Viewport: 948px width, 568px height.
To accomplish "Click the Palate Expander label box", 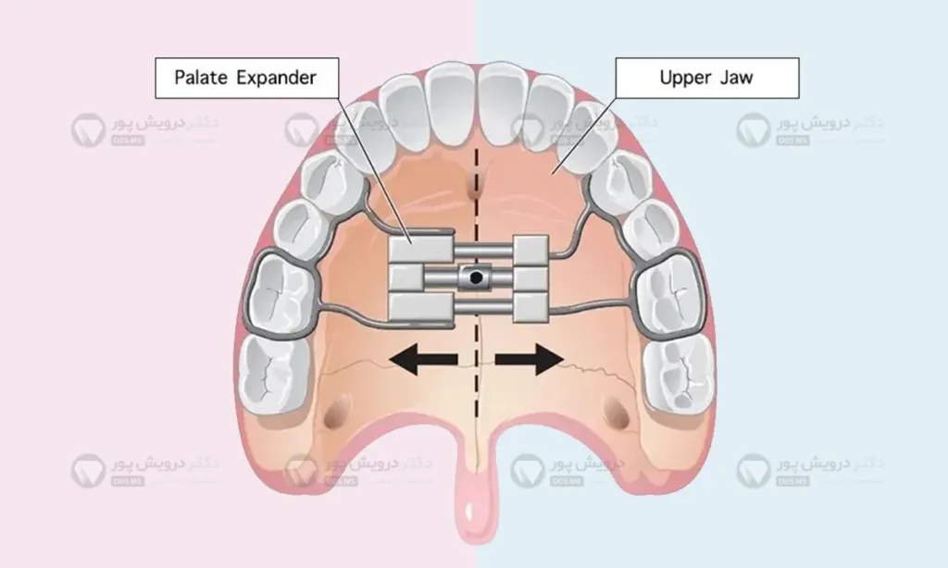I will coord(245,77).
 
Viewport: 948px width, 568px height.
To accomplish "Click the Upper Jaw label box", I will coord(705,77).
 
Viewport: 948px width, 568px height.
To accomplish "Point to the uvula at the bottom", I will coord(475,518).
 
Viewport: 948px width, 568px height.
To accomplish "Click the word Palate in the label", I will coord(203,77).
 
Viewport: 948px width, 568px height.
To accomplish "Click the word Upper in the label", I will coord(684,77).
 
